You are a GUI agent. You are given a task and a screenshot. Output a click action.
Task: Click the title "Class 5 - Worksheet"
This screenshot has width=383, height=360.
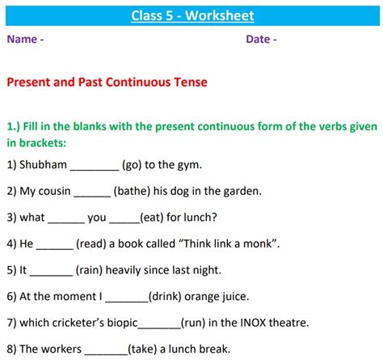click(x=191, y=15)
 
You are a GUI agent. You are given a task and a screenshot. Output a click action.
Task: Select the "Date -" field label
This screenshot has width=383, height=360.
click(x=261, y=39)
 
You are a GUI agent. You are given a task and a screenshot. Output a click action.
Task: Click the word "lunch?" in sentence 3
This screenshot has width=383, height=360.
click(x=199, y=218)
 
